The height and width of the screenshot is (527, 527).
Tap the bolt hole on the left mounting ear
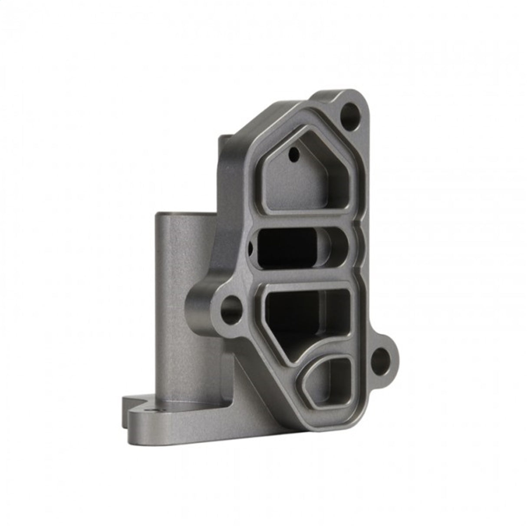231,309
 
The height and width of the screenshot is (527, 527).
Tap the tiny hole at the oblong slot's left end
250,248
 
